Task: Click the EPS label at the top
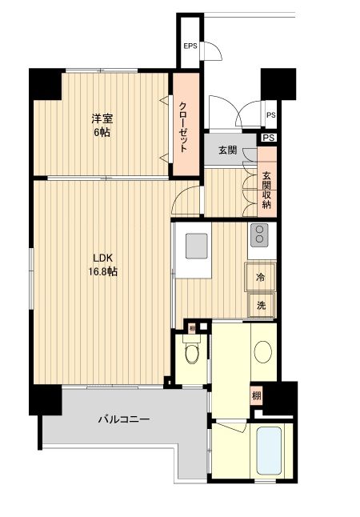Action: (190, 46)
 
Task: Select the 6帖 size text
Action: (100, 132)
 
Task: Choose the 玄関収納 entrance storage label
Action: (266, 190)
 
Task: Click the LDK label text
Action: (103, 258)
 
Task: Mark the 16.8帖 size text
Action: (103, 272)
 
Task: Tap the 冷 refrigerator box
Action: (261, 278)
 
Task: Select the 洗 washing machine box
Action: (261, 304)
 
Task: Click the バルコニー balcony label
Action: (124, 419)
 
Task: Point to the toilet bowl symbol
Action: (190, 352)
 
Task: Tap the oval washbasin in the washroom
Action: (263, 351)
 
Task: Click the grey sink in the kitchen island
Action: (197, 247)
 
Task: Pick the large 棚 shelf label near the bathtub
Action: (256, 396)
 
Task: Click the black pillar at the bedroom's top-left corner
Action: (46, 84)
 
